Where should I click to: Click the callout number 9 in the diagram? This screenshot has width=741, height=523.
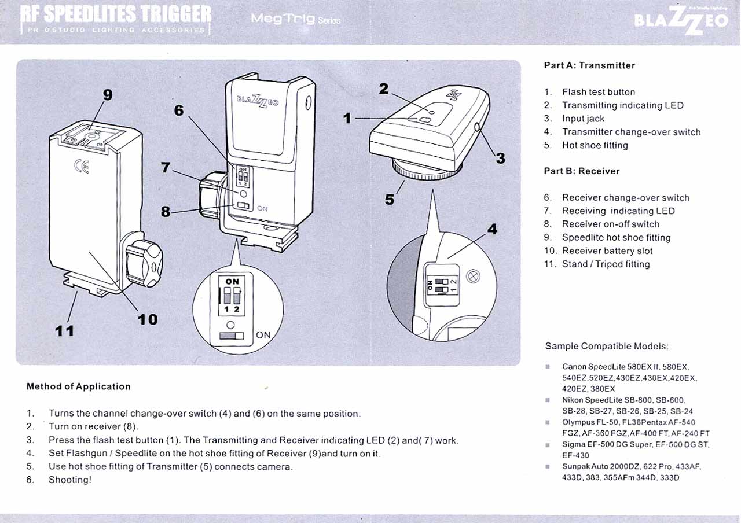[107, 94]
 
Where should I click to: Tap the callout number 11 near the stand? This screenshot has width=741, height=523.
[64, 331]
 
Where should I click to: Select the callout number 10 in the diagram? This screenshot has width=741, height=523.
[148, 319]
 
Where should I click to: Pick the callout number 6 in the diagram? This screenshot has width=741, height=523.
[179, 109]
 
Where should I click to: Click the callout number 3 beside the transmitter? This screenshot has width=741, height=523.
[500, 158]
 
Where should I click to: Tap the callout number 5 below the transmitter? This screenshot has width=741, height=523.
[390, 200]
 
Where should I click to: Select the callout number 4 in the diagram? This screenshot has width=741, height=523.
[492, 229]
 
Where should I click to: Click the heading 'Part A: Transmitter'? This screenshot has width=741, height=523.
[589, 65]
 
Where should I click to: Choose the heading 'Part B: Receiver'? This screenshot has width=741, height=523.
[582, 171]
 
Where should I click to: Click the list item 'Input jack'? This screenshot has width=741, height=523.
[583, 119]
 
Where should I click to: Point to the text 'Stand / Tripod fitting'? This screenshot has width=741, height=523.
[606, 264]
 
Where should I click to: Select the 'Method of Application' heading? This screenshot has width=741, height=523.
[79, 386]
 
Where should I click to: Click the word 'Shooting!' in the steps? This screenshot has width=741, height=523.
[70, 480]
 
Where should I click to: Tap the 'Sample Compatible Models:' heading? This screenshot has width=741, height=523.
[607, 347]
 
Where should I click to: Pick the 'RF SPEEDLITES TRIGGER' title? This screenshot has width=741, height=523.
[116, 16]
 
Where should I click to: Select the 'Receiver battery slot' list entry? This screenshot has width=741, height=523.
[607, 251]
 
